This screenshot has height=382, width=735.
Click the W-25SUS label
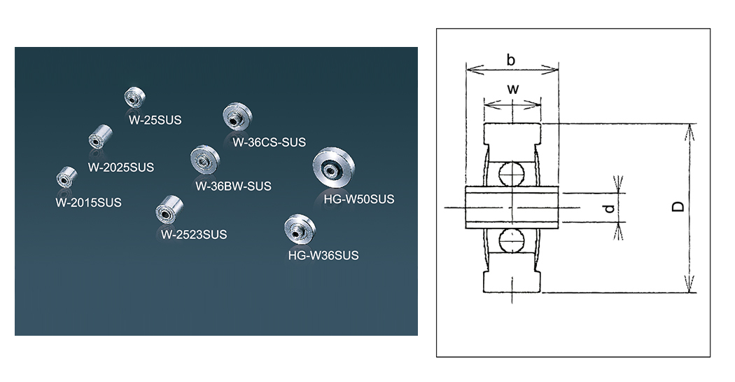[155, 120]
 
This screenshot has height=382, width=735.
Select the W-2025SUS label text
[121, 168]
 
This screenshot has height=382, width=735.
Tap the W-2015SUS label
[88, 203]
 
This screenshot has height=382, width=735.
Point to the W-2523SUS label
[194, 235]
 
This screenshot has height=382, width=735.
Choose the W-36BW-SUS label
[233, 186]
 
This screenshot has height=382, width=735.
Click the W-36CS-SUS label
[269, 142]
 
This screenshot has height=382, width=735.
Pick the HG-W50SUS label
[359, 199]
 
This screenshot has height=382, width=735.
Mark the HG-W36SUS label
[323, 256]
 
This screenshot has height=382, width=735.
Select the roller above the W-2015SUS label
[65, 177]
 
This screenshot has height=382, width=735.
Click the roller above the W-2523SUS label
[168, 210]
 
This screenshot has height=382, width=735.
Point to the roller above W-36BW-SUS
[205, 161]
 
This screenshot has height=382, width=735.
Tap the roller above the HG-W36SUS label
[295, 230]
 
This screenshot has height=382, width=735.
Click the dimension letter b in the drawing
[511, 61]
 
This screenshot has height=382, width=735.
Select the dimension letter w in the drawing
[512, 89]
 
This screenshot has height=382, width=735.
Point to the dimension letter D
[678, 207]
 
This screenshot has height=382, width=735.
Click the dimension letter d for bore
[609, 208]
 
